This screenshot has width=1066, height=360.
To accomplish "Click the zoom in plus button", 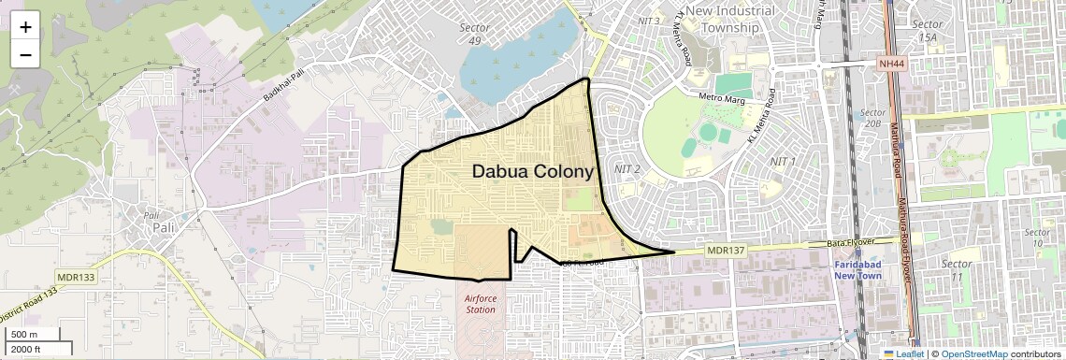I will (25, 27).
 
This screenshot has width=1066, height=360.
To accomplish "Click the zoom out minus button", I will (25, 54).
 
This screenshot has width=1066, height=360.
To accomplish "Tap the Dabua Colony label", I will (532, 172).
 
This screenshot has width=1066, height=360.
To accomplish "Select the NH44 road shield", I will (892, 64).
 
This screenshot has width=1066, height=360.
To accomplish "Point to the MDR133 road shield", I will (77, 278).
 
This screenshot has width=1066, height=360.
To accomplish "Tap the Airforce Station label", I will (481, 304).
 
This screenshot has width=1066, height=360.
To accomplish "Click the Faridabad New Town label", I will (859, 270).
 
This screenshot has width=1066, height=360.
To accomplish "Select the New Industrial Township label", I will (730, 19).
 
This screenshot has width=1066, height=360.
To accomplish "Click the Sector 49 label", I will (475, 34).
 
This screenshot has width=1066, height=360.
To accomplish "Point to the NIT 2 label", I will (627, 169).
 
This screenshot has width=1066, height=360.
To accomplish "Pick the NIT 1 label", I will (781, 162).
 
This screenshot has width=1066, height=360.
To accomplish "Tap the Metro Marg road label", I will (720, 98).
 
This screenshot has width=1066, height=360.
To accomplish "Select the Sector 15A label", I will (927, 30).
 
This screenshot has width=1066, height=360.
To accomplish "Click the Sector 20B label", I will (873, 117).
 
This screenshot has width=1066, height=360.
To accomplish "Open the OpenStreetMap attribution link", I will (973, 354).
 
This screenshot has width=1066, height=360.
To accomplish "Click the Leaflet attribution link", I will (903, 354).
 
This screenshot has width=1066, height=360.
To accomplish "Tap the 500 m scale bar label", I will (24, 335).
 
